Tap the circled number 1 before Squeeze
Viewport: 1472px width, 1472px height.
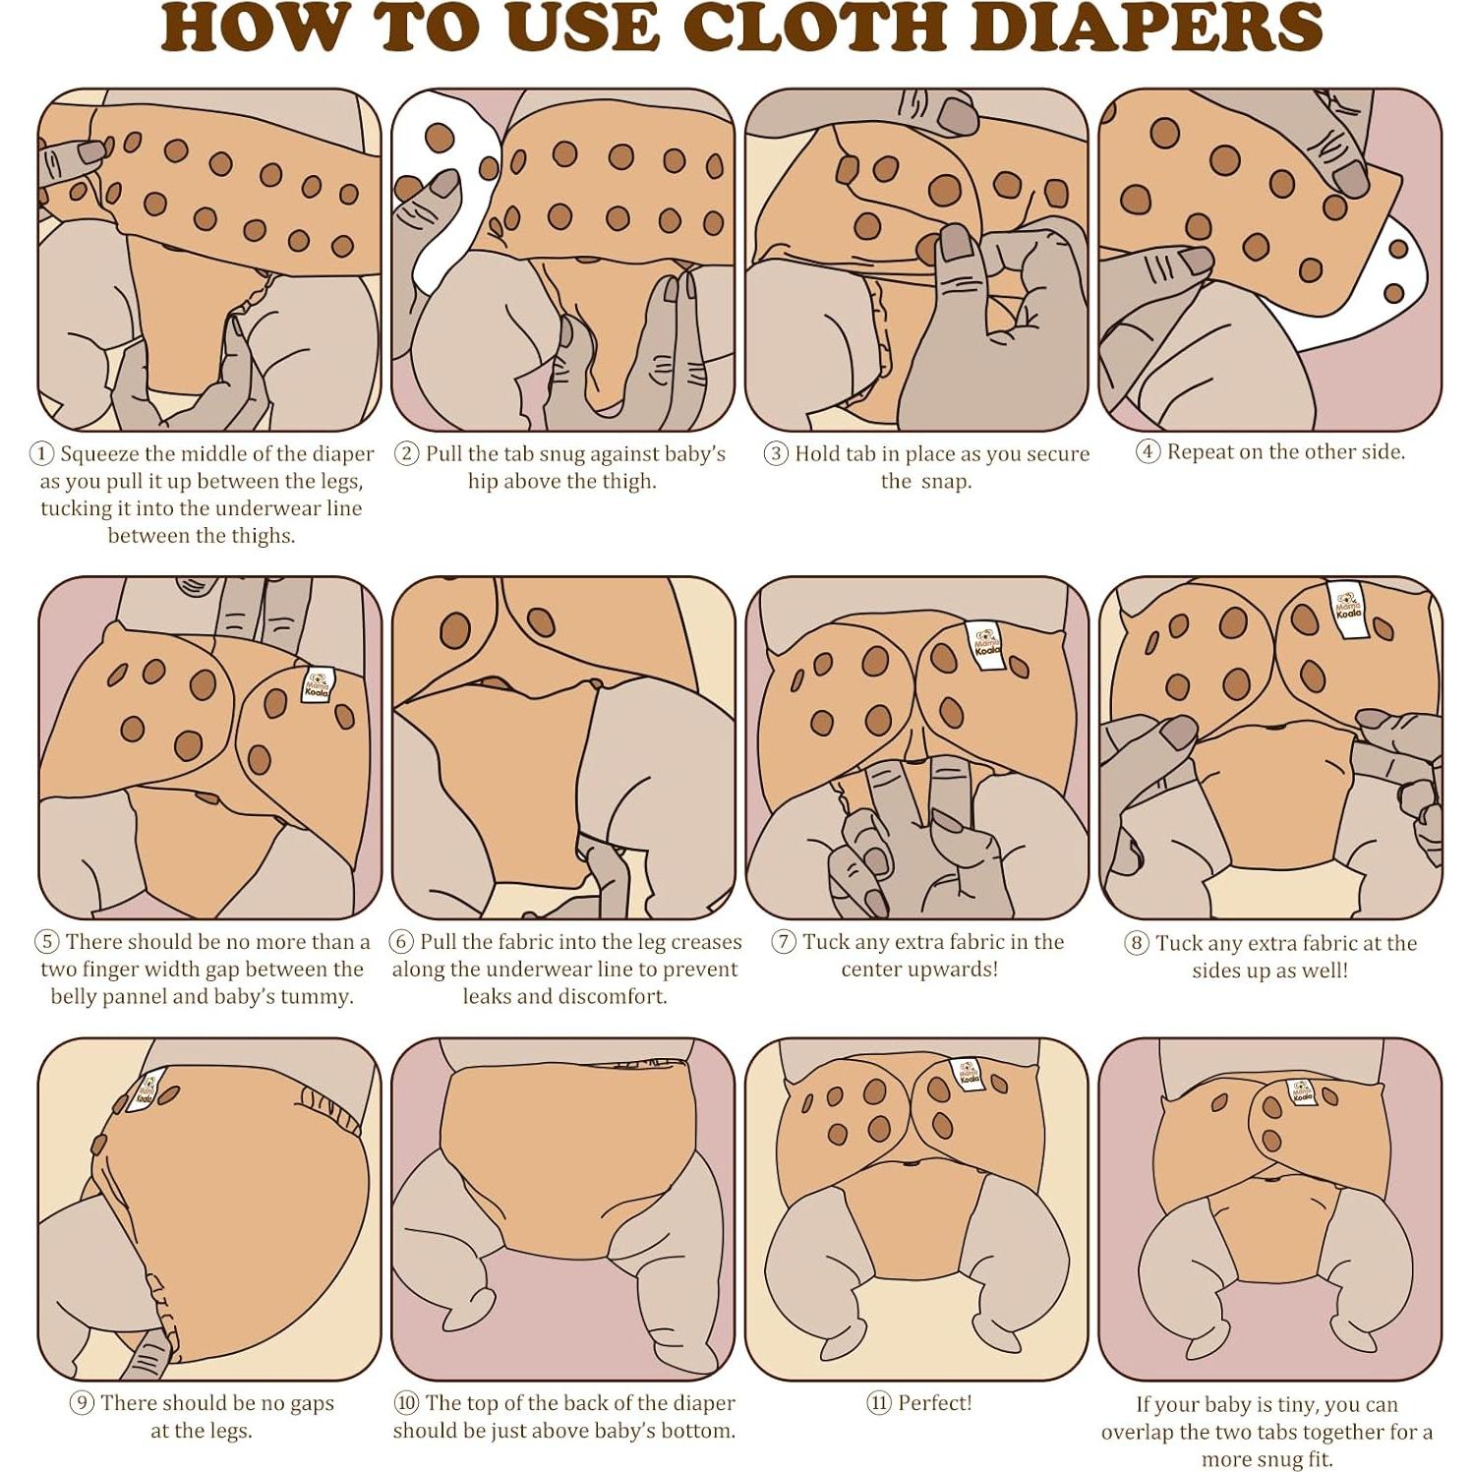point(41,454)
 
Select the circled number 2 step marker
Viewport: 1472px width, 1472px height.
point(406,454)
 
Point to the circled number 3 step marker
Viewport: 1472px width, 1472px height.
point(776,454)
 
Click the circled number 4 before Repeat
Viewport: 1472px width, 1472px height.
point(1148,452)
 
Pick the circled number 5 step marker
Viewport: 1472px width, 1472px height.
point(46,942)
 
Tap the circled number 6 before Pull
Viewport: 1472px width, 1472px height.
point(401,942)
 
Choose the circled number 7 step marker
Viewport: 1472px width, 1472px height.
point(783,942)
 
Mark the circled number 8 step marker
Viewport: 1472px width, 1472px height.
point(1136,943)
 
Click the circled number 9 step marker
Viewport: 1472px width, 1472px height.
point(82,1403)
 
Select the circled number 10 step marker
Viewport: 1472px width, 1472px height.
point(406,1403)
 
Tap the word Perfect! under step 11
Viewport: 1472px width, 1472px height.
point(934,1403)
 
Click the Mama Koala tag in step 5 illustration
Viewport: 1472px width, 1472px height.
point(318,683)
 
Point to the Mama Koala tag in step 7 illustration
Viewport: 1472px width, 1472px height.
point(984,640)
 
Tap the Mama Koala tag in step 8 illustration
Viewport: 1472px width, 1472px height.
point(1347,600)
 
